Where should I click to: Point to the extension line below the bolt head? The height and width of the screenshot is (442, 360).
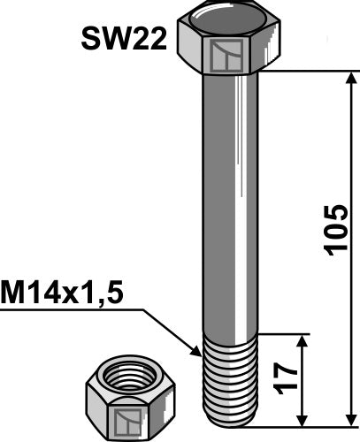(x=301, y=72)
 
